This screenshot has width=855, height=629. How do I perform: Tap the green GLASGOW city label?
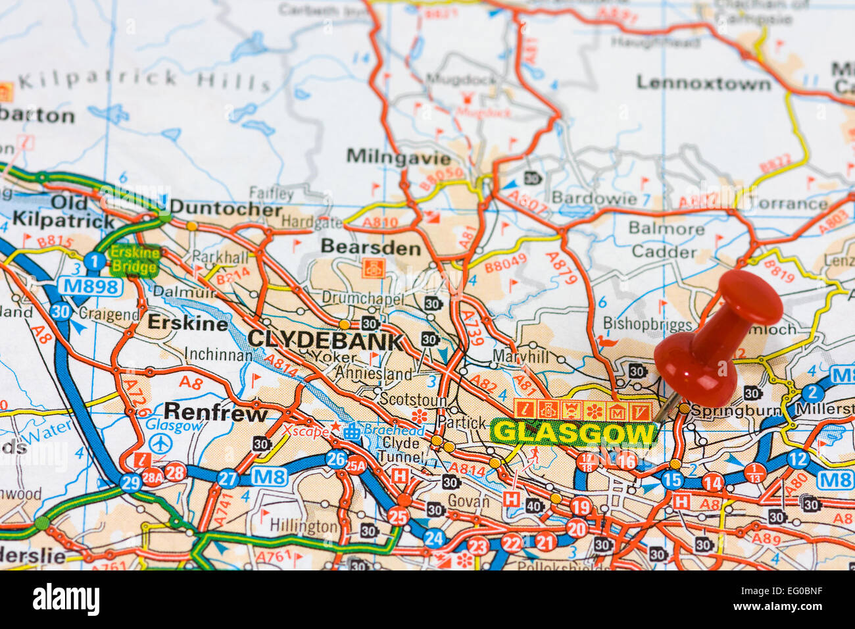574,433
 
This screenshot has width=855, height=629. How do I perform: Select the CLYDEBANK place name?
325,340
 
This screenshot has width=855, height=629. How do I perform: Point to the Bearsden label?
370,247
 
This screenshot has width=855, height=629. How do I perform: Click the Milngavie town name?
399,157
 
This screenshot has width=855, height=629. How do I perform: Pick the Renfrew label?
215,413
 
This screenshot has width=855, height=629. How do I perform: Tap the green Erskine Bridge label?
134,260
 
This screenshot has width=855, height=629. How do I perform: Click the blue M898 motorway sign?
90,286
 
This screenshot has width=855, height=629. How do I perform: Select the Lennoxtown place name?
703,84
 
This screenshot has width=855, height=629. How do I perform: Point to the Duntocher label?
226,209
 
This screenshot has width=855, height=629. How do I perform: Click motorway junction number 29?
130,483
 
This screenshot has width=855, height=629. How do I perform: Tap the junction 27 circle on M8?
228,478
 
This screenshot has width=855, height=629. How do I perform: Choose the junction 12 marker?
797,459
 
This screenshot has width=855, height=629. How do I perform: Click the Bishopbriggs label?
647,324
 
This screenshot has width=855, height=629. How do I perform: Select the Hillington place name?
303,526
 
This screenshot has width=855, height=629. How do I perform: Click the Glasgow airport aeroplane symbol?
159,443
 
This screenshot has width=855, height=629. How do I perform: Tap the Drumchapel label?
362,297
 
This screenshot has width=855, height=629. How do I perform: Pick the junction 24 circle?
433,538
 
